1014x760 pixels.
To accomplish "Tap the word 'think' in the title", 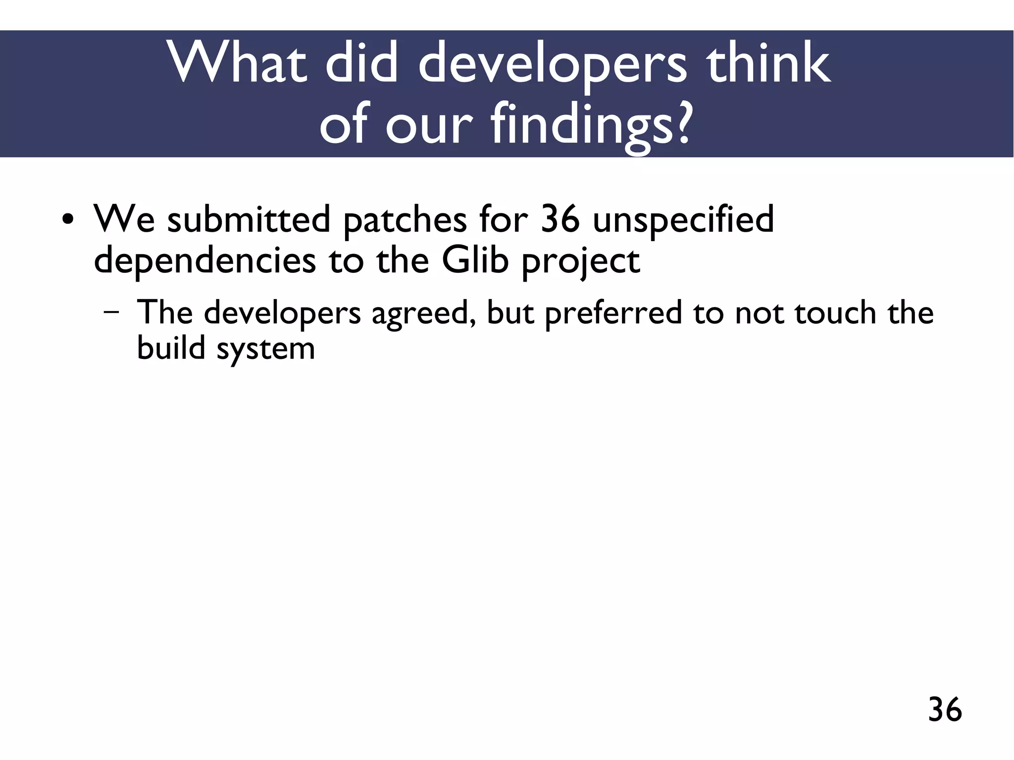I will pyautogui.click(x=768, y=63).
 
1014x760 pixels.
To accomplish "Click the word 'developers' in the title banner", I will pyautogui.click(x=553, y=63).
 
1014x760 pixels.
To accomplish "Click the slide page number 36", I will pyautogui.click(x=945, y=709).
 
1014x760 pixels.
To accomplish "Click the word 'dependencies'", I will pyautogui.click(x=204, y=261).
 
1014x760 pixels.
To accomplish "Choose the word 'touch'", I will pyautogui.click(x=835, y=313).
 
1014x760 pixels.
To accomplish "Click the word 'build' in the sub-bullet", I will pyautogui.click(x=171, y=348).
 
